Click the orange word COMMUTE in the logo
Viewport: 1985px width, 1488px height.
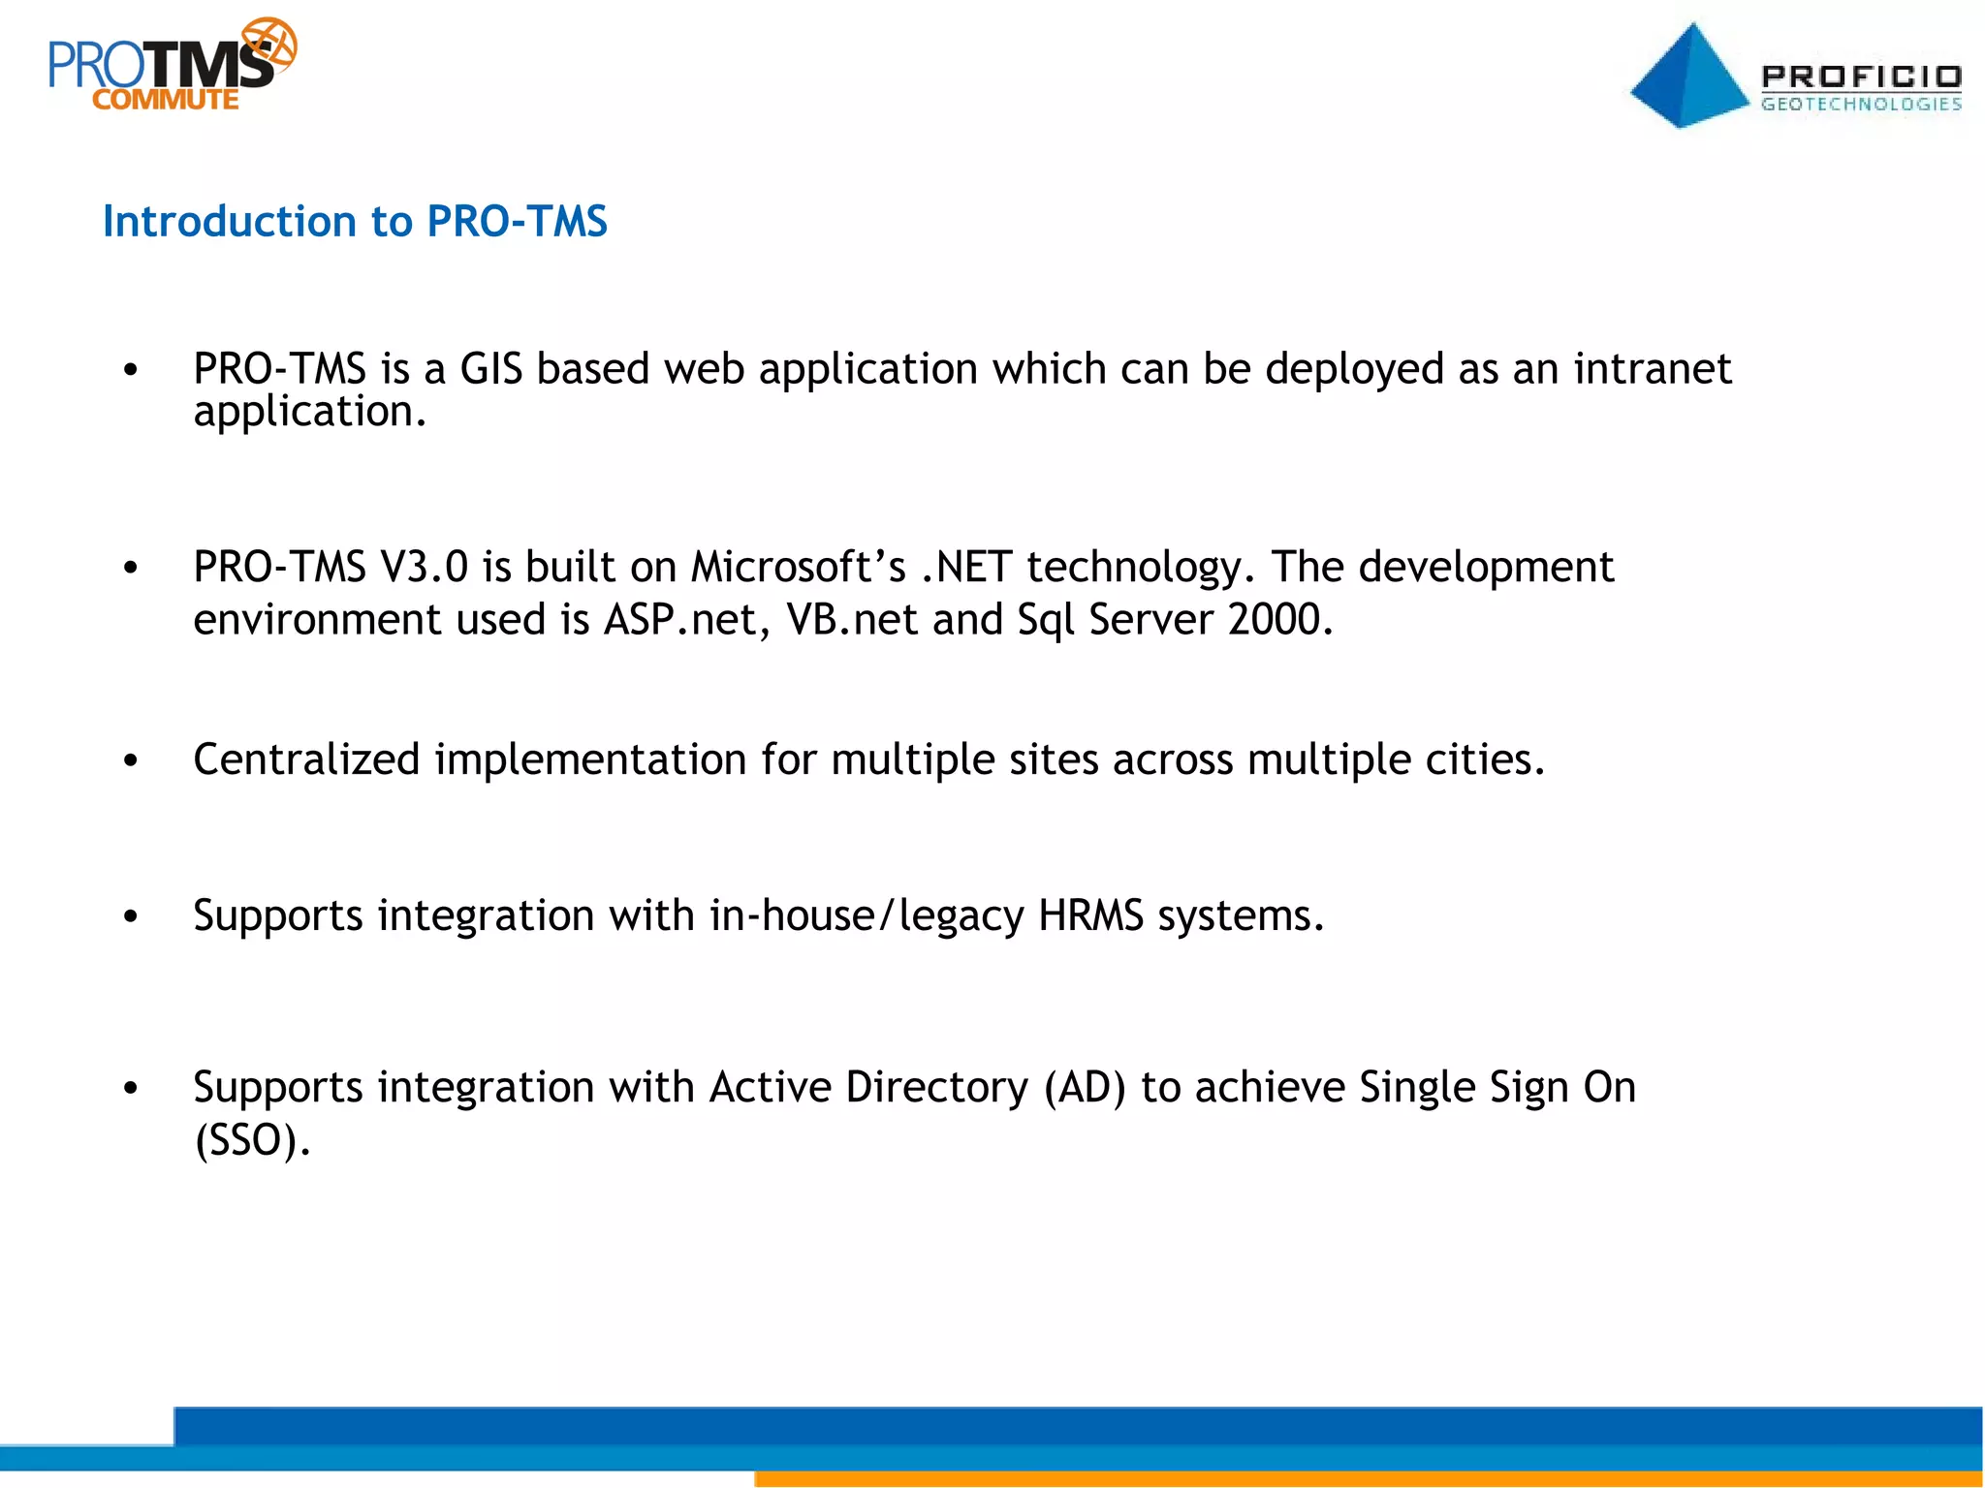(166, 100)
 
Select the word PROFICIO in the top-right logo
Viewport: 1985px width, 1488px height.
(1861, 77)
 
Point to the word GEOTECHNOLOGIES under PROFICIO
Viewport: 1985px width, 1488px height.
(1861, 104)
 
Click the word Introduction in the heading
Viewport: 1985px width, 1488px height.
(230, 222)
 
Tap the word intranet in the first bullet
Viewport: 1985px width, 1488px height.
(1652, 369)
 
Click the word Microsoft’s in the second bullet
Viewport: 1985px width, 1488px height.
(798, 567)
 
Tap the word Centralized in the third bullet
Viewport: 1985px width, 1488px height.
(306, 759)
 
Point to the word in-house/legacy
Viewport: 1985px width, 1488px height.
(866, 915)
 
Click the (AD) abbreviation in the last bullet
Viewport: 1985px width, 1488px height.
(1085, 1087)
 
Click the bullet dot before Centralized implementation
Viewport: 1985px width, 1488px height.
(131, 761)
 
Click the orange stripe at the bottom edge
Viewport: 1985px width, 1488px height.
(1357, 1479)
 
